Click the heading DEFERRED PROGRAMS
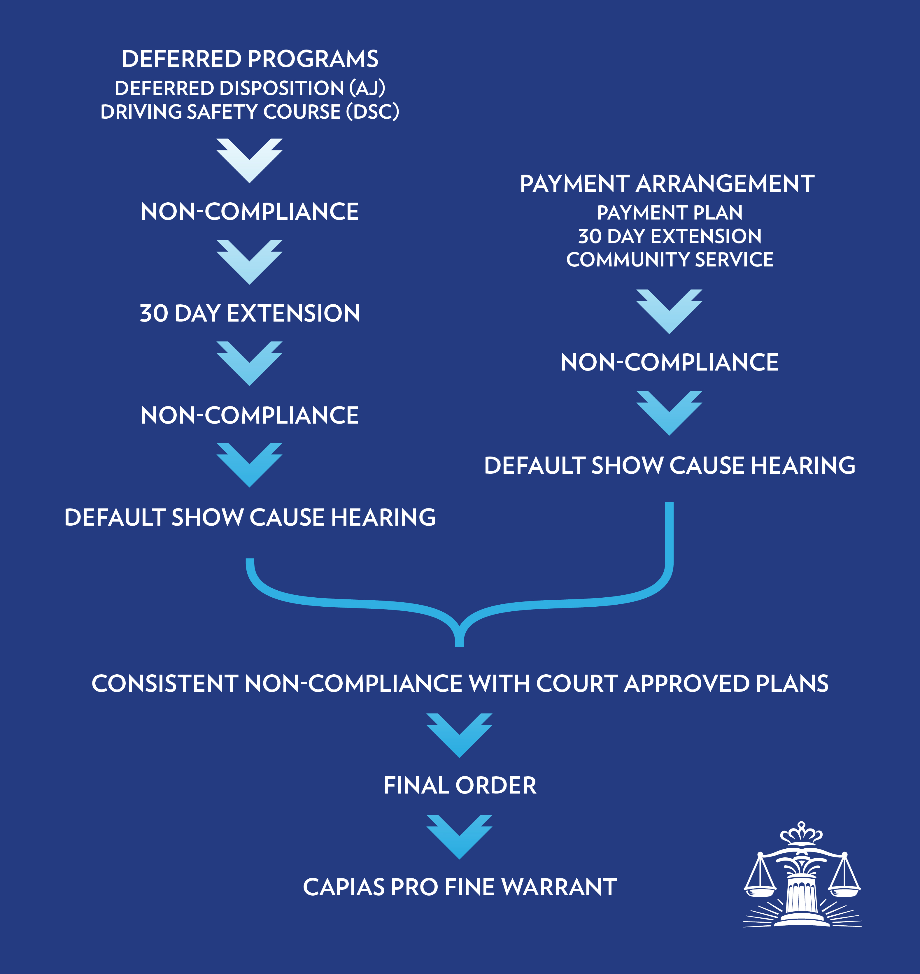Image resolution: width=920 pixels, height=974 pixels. [x=250, y=59]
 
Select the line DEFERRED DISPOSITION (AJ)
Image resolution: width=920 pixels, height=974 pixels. [x=250, y=88]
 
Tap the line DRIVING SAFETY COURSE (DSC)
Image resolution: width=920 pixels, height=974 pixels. [x=250, y=112]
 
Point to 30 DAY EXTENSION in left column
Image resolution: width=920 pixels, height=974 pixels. [x=250, y=313]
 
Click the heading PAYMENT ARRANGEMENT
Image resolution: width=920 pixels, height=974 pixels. [x=667, y=184]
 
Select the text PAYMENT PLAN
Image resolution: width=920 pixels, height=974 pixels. [x=670, y=212]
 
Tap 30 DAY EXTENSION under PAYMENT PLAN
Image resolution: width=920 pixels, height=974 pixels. [x=670, y=236]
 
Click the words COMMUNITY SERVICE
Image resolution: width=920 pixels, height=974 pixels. [x=670, y=259]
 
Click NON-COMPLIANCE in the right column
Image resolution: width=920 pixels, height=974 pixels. [x=670, y=362]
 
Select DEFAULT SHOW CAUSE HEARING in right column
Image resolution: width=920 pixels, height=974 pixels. [x=670, y=465]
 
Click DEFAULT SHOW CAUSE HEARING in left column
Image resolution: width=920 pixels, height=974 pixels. [x=250, y=517]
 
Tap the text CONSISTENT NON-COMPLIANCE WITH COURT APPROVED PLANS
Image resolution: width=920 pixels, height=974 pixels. [x=460, y=683]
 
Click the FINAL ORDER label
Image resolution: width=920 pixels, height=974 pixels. [x=460, y=785]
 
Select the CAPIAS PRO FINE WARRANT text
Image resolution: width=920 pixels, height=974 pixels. [x=460, y=887]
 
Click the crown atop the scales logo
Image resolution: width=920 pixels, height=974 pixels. [x=801, y=833]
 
